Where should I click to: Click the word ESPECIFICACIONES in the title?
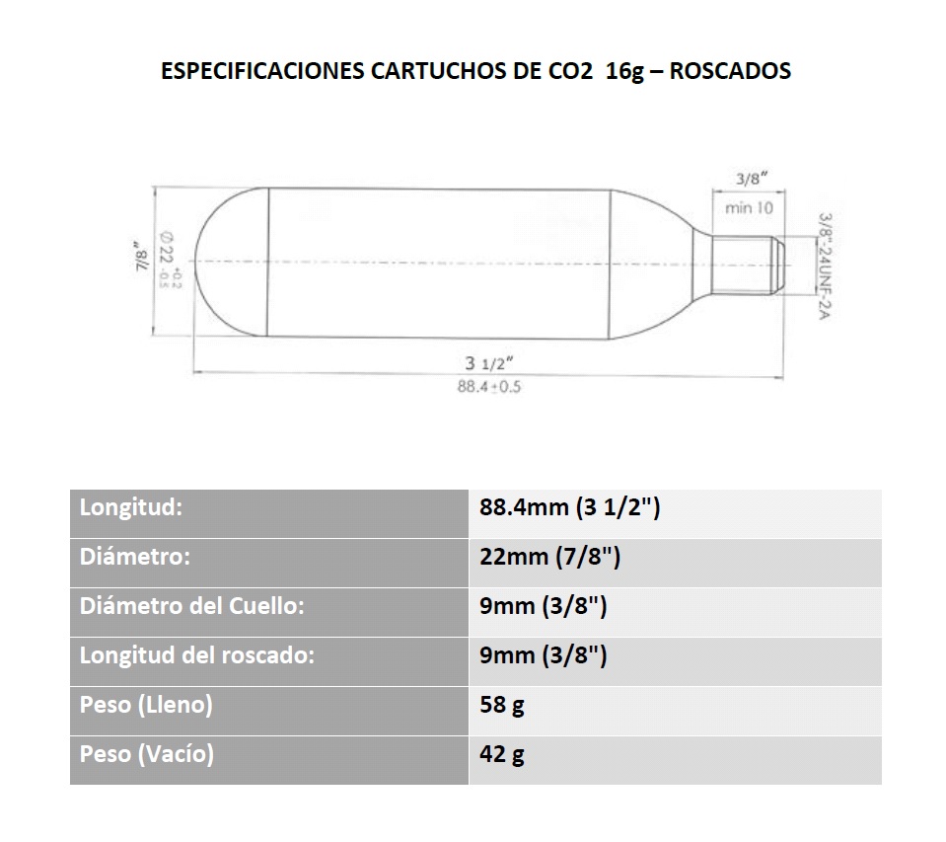(262, 71)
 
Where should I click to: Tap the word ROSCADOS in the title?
(730, 71)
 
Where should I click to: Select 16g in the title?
(625, 72)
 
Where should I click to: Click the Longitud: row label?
(131, 507)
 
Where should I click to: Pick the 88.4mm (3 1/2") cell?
(569, 507)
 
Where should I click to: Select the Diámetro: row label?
(134, 557)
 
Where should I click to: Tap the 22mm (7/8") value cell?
(549, 557)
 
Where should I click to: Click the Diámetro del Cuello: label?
(191, 606)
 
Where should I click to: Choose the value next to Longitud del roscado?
(543, 655)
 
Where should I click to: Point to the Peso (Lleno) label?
(146, 705)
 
